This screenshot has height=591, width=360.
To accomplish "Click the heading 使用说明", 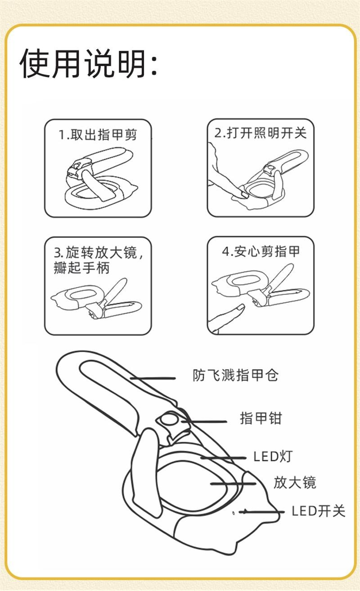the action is pos(83,63).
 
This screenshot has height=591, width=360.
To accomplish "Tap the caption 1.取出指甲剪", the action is pos(98,135).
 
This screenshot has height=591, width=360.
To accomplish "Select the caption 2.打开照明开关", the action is pos(261,133).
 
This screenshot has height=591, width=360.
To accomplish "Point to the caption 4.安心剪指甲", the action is pos(261,251).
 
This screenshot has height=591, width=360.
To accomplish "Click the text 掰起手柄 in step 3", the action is pos(81,269).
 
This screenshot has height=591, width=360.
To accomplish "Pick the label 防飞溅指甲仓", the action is pos(235,375).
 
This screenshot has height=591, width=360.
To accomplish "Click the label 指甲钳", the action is pos(261,418).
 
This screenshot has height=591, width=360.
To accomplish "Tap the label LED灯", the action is pos(273,457).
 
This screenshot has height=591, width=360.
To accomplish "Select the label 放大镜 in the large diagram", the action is pos(295,483).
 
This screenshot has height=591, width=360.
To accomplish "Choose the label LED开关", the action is pos(318,511).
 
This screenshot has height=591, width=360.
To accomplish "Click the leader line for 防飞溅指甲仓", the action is pos(153,378).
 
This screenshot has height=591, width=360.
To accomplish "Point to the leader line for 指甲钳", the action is pos(204,421).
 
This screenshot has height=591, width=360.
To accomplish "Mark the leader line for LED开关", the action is pos(261,512).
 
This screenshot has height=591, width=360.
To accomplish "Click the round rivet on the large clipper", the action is pos(169,420).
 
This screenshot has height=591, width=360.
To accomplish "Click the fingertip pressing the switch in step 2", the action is pos(243,193).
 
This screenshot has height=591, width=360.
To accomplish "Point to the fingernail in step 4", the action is pos(241,307).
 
